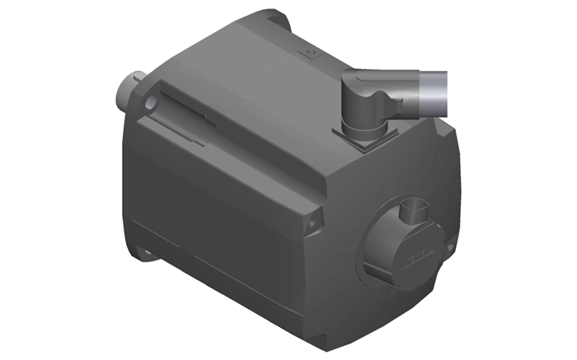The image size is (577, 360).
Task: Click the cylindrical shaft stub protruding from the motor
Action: click(130, 86)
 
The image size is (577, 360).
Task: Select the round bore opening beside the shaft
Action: click(151, 103)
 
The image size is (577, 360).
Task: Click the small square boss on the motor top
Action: click(312, 54)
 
